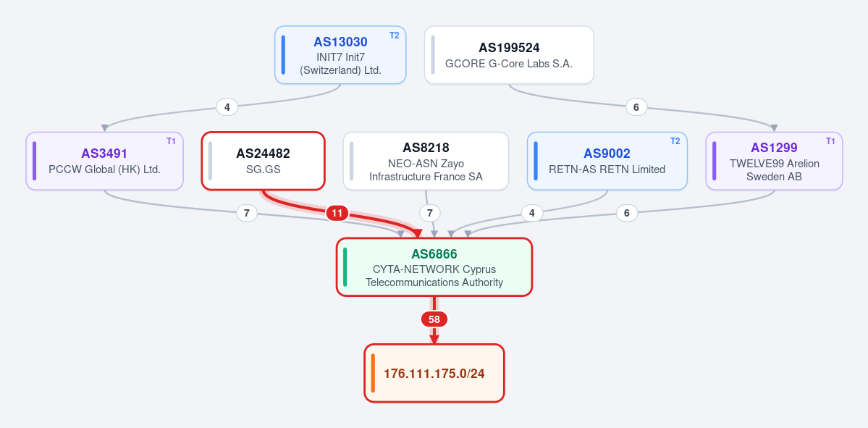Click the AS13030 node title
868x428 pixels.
pyautogui.click(x=340, y=42)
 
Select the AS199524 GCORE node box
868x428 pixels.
pyautogui.click(x=509, y=55)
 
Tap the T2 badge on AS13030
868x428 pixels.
pyautogui.click(x=394, y=35)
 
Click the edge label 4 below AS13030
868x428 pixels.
pyautogui.click(x=227, y=107)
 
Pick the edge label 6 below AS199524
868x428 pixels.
pyautogui.click(x=636, y=107)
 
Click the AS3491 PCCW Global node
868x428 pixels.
pyautogui.click(x=105, y=161)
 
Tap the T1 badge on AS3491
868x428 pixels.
pyautogui.click(x=171, y=141)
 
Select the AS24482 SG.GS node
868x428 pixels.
pyautogui.click(x=263, y=161)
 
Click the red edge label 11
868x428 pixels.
pyautogui.click(x=337, y=213)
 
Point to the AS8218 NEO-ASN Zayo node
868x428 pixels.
pyautogui.click(x=426, y=161)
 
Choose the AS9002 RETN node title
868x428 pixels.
pyautogui.click(x=607, y=154)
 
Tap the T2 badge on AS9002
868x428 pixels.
pyautogui.click(x=675, y=141)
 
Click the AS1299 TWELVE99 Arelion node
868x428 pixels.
pyautogui.click(x=774, y=161)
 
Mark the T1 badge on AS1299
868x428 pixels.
pyautogui.click(x=830, y=141)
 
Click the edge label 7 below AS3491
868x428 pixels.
pyautogui.click(x=247, y=213)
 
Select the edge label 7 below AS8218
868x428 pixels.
pyautogui.click(x=429, y=213)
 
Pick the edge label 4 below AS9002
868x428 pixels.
pyautogui.click(x=532, y=213)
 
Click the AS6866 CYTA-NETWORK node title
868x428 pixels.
pyautogui.click(x=434, y=254)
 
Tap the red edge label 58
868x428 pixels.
pyautogui.click(x=434, y=319)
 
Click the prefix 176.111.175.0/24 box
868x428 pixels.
pyautogui.click(x=434, y=373)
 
